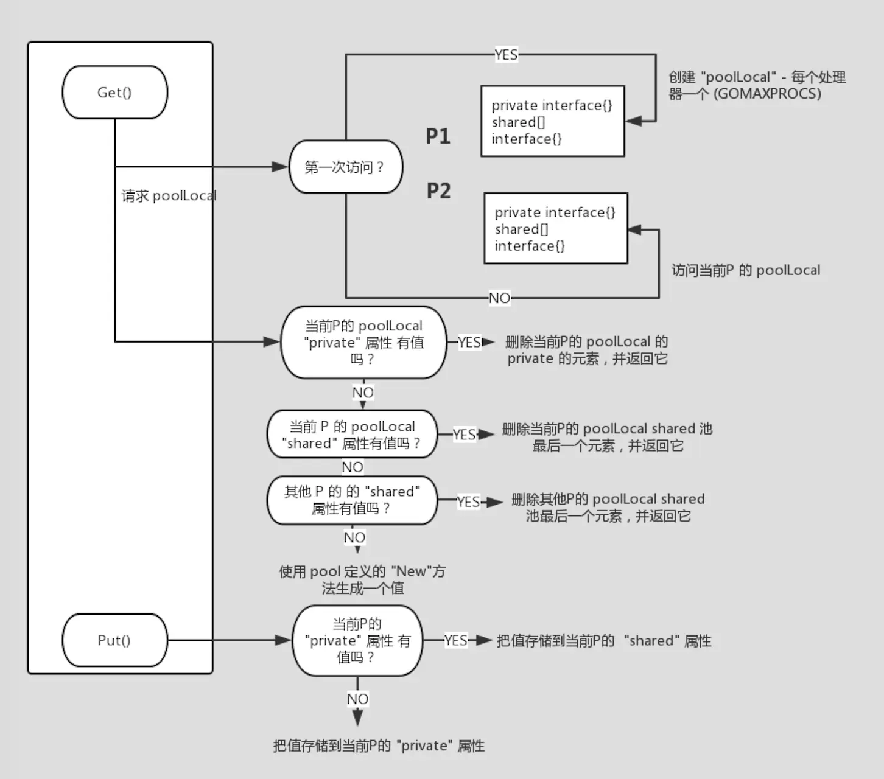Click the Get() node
[114, 93]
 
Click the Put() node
[114, 640]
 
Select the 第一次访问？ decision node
[346, 167]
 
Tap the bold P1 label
[438, 136]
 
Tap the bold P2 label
[438, 190]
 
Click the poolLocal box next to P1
[553, 121]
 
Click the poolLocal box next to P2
[556, 228]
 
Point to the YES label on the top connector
[506, 55]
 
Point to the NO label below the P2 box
[500, 298]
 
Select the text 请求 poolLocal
[169, 196]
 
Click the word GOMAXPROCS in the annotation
[767, 94]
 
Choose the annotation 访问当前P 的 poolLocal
[746, 270]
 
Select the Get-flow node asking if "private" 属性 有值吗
[364, 343]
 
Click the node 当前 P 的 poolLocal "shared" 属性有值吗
[352, 435]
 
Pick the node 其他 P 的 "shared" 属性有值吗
[352, 500]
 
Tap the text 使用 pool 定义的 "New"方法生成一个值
[362, 579]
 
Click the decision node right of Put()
[357, 641]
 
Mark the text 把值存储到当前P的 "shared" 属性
[604, 641]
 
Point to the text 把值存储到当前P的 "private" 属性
[379, 746]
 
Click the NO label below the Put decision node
[358, 699]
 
